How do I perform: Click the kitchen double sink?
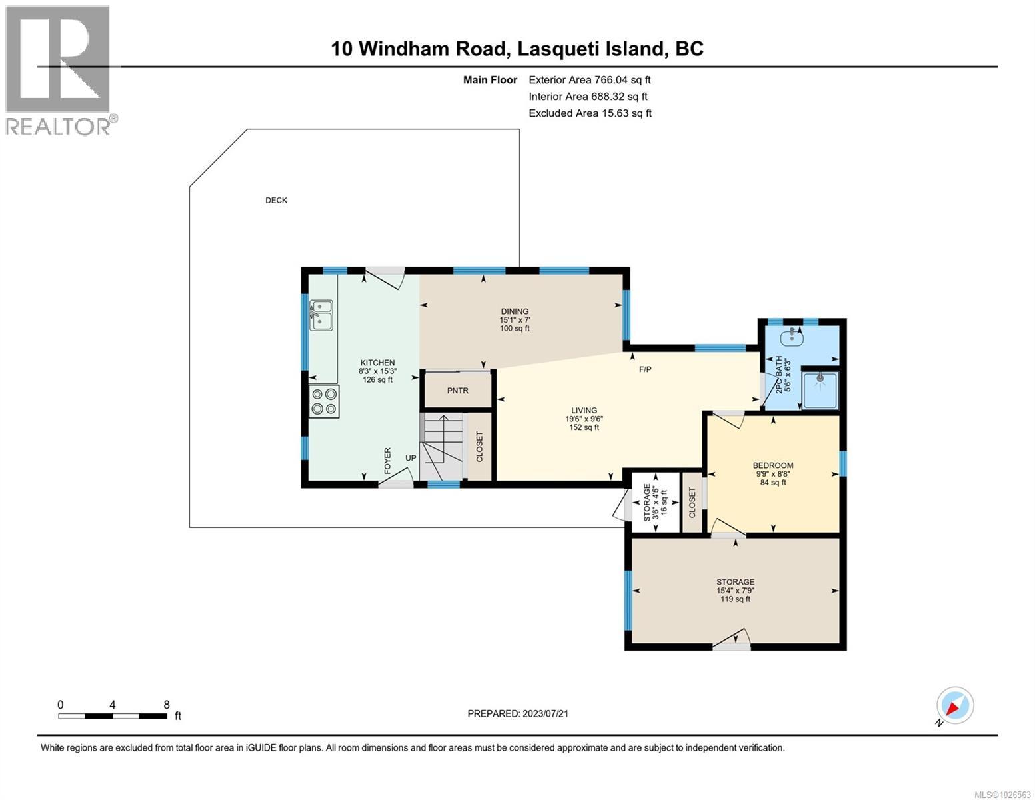(321, 315)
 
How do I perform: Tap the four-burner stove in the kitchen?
(324, 401)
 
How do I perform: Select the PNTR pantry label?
(457, 391)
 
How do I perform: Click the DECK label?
(276, 200)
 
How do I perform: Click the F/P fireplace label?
(645, 369)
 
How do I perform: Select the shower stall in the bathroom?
(820, 389)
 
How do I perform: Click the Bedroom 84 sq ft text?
(773, 482)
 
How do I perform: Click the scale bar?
(113, 716)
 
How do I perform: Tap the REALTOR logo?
(58, 70)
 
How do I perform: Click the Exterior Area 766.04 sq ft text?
(589, 79)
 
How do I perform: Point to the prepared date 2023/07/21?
(518, 713)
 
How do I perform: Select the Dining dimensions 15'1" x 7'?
(515, 319)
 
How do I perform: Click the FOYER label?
(387, 461)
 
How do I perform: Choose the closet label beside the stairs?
(479, 446)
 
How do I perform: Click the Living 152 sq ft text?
(582, 427)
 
